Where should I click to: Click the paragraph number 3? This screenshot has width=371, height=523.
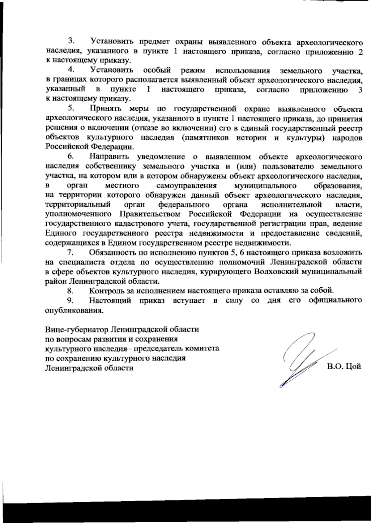(70, 41)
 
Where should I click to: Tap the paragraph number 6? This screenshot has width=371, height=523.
(70, 156)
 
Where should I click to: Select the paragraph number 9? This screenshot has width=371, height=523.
(70, 300)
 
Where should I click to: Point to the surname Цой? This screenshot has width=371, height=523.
(353, 367)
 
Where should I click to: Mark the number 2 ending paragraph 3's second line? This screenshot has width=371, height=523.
(360, 51)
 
